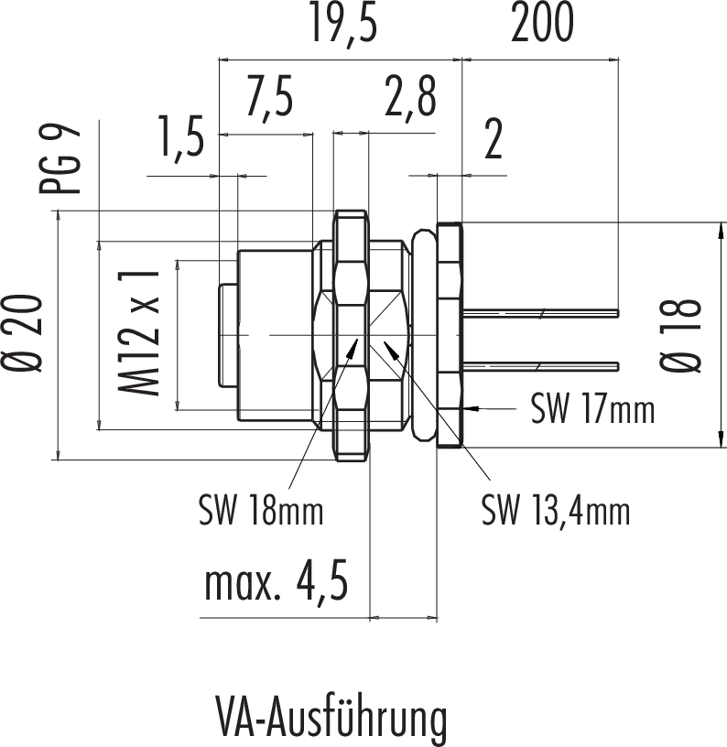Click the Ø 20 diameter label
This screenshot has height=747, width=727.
[x=28, y=333]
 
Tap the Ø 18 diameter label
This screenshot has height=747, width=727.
[x=685, y=335]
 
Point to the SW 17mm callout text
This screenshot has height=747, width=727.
[x=593, y=411]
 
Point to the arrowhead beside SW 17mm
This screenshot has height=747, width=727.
[x=471, y=405]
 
